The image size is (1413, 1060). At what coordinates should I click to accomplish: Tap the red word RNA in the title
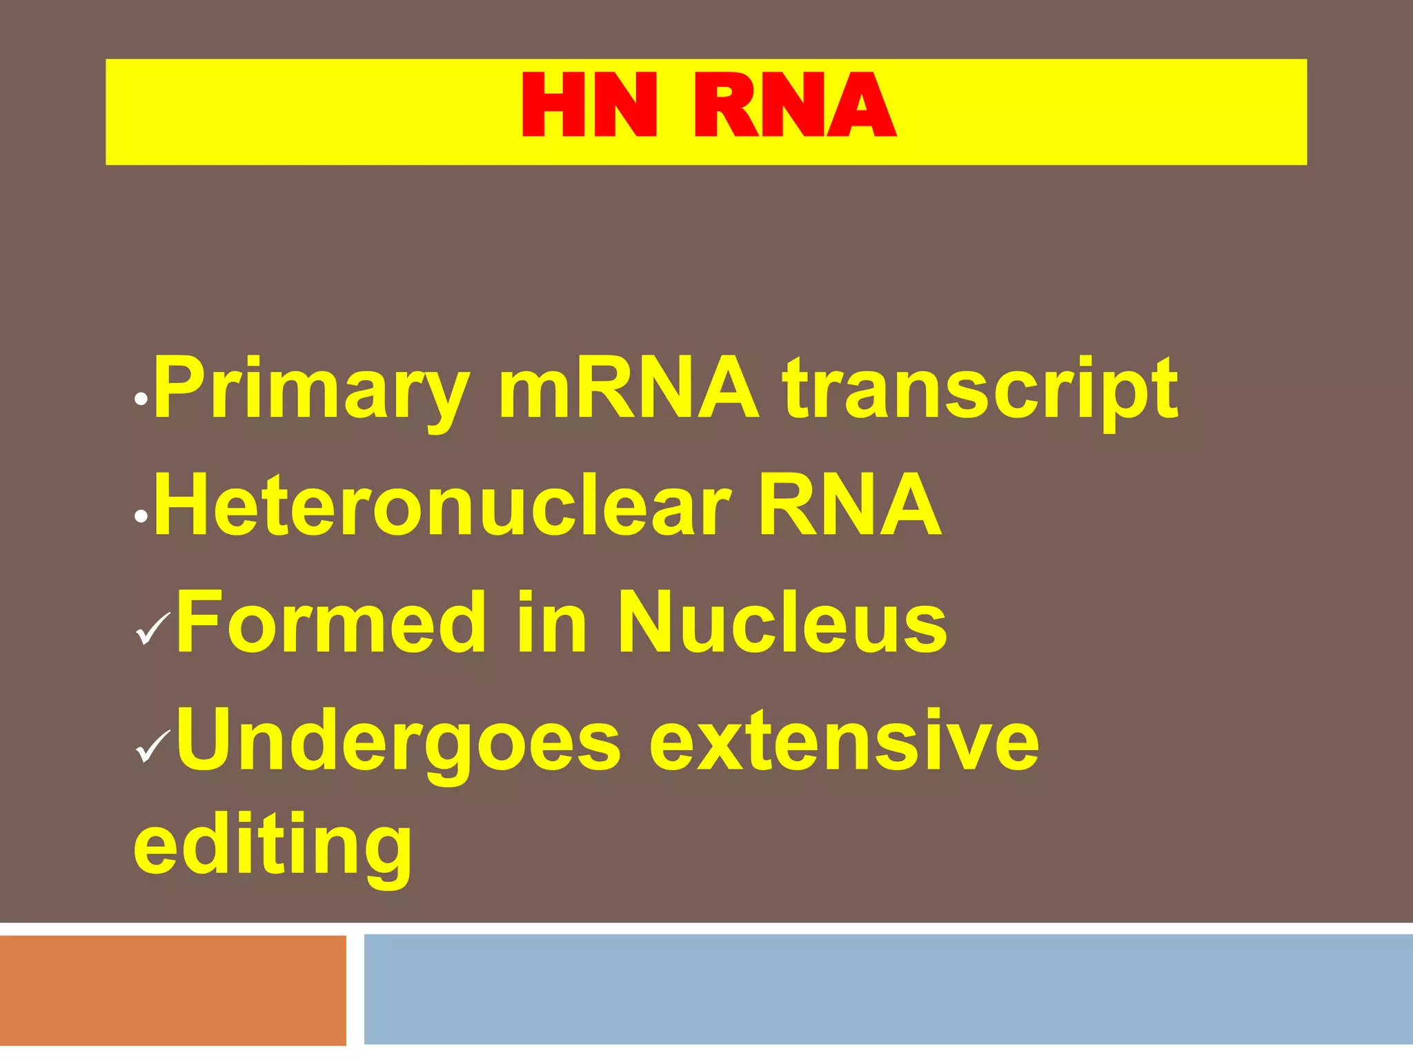pyautogui.click(x=793, y=106)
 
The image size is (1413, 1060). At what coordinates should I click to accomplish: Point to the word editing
pyautogui.click(x=273, y=845)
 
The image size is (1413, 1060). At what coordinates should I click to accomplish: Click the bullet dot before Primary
pyautogui.click(x=141, y=399)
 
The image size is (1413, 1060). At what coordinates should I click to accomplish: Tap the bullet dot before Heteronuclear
pyautogui.click(x=141, y=516)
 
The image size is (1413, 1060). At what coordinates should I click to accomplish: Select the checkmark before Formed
pyautogui.click(x=152, y=628)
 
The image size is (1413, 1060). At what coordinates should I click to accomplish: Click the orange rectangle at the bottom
pyautogui.click(x=172, y=990)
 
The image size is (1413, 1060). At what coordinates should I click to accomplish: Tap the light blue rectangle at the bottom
pyautogui.click(x=888, y=988)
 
